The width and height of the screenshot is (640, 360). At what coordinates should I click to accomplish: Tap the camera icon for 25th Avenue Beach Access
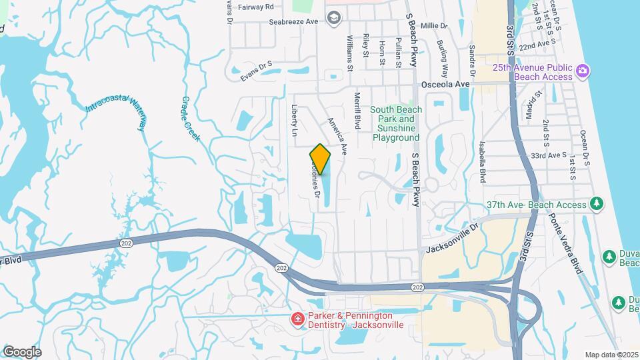(x=582, y=70)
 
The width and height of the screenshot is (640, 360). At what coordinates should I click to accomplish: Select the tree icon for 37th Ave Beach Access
(x=597, y=203)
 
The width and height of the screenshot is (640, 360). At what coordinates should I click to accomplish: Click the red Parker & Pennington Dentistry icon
(x=297, y=321)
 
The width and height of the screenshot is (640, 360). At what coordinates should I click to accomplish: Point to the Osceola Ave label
(x=446, y=85)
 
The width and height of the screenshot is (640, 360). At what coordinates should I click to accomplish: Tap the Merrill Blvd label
(x=357, y=111)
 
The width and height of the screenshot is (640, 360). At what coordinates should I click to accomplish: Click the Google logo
(x=22, y=351)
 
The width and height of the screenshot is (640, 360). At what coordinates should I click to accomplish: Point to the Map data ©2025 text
(x=611, y=355)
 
